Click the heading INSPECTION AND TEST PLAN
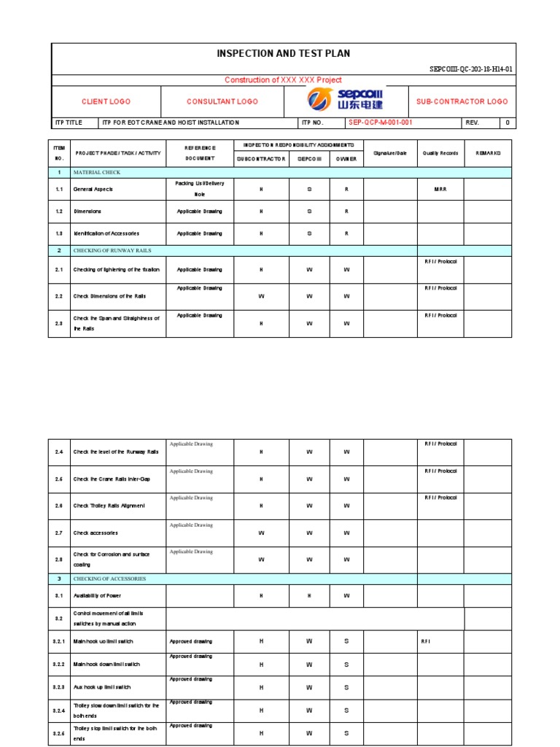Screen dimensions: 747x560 click(x=284, y=54)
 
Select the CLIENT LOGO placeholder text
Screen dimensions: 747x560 click(x=106, y=102)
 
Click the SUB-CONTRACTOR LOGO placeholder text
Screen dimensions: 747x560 click(x=462, y=102)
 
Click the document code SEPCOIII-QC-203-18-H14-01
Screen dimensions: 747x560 click(x=471, y=70)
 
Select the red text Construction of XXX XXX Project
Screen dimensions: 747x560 click(x=283, y=80)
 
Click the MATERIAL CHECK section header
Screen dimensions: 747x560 click(x=96, y=172)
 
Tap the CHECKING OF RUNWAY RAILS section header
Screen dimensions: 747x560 click(x=109, y=250)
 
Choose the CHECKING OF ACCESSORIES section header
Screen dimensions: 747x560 click(x=109, y=578)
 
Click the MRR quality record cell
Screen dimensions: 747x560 click(x=440, y=189)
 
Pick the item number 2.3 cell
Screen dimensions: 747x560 click(x=60, y=323)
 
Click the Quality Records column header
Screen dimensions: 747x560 click(x=440, y=153)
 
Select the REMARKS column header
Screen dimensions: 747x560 click(x=488, y=153)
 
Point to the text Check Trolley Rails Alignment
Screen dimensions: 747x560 click(x=109, y=506)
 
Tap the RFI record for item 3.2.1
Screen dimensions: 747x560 click(x=427, y=642)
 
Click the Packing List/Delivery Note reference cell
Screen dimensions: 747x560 click(x=199, y=189)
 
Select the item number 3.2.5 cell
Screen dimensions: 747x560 click(x=60, y=734)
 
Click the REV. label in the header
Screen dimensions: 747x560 click(x=472, y=123)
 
